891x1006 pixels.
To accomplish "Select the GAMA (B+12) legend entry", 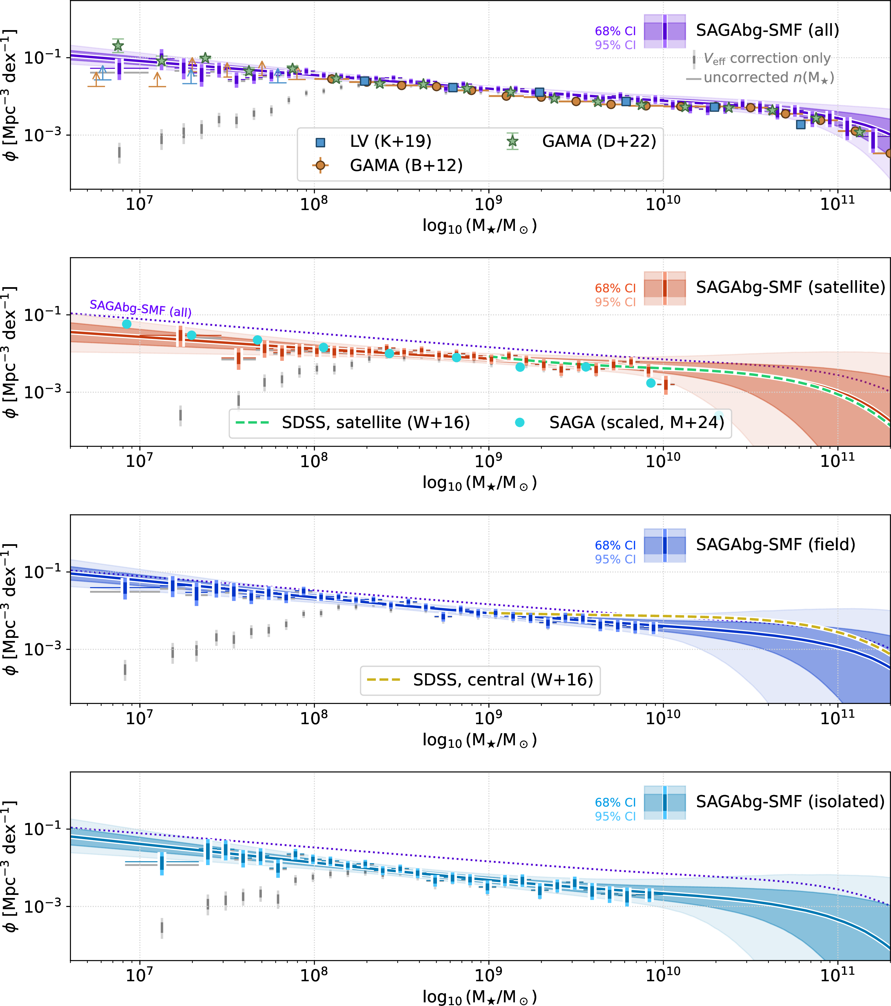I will point(406,165).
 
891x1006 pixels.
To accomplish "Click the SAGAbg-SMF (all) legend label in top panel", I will point(767,30).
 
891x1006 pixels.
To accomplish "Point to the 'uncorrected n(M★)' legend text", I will point(768,78).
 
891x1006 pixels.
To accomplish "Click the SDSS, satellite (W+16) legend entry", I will point(375,422).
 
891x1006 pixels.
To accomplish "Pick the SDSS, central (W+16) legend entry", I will point(503,680).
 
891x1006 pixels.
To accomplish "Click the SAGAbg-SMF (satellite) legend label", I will point(790,287).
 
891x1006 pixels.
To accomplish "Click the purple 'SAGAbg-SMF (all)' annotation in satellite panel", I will point(140,309).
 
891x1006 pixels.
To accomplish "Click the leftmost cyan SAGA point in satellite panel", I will point(127,324).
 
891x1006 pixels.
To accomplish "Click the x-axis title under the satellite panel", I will point(479,483).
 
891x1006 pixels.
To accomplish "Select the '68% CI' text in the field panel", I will point(615,545).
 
